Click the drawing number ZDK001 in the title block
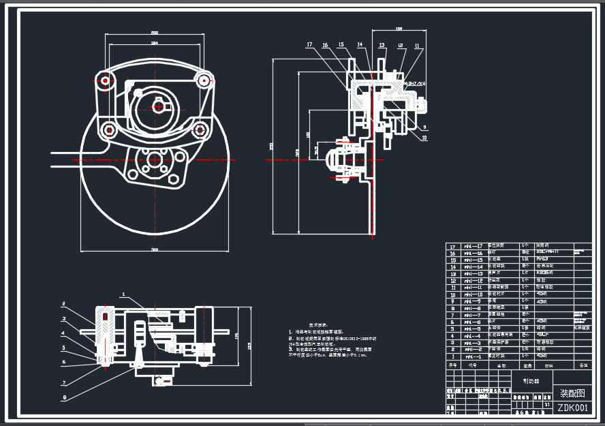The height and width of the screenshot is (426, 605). [572, 408]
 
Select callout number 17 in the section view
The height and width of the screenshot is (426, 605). [309, 45]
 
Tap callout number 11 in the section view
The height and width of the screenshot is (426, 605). [417, 46]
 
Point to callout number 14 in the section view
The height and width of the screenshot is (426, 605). [360, 45]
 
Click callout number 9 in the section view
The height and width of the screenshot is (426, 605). [424, 127]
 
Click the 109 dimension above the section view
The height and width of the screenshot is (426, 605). [399, 29]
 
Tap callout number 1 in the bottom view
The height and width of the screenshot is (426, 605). [123, 295]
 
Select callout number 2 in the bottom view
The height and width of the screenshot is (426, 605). [63, 304]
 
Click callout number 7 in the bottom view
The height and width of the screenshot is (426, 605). [63, 383]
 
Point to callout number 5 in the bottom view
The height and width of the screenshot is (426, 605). [63, 348]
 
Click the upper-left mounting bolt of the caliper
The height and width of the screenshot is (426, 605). [105, 80]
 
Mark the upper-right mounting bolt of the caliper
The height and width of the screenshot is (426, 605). [202, 80]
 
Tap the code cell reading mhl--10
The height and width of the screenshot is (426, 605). [474, 294]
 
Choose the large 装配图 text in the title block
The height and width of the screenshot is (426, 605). [572, 393]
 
